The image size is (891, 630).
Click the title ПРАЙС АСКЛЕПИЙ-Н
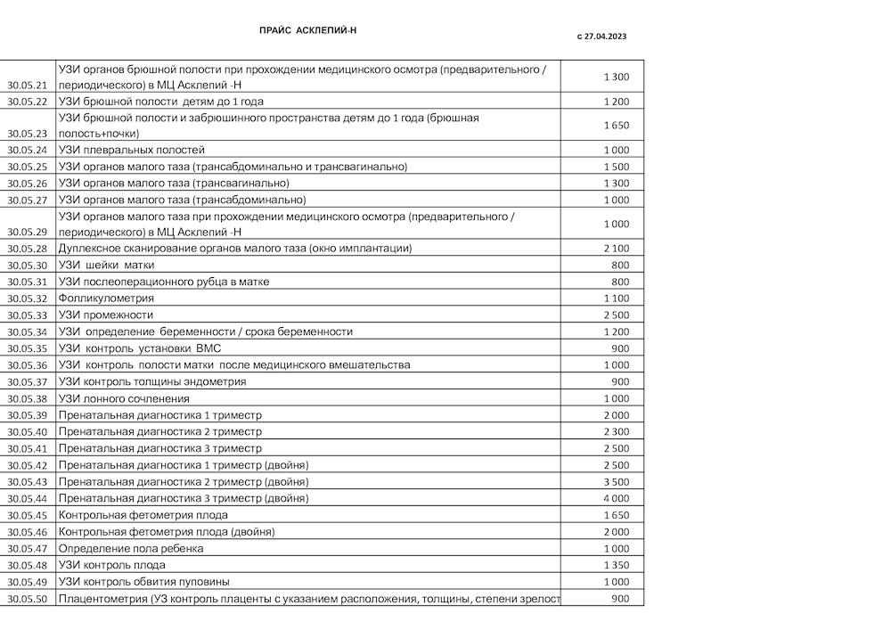307,30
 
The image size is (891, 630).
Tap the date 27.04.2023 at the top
606,37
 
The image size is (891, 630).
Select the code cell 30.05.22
27,102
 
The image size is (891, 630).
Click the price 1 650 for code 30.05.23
616,126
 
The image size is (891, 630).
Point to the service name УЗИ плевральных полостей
131,150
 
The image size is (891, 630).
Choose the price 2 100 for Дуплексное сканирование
616,248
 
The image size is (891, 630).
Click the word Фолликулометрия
106,299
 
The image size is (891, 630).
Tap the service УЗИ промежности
106,315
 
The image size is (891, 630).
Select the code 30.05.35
27,348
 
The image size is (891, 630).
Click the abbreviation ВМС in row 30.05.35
208,348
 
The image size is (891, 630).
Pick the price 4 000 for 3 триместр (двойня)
616,498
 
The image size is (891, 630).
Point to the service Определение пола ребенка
131,548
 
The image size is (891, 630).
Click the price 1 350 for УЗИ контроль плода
616,565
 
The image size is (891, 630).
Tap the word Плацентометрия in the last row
102,598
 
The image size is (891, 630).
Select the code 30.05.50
27,599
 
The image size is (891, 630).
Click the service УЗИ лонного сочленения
124,398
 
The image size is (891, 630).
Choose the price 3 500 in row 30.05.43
616,482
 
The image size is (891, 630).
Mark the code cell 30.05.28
27,249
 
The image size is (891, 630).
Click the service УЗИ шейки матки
106,265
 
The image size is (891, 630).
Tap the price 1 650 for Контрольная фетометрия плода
616,515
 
